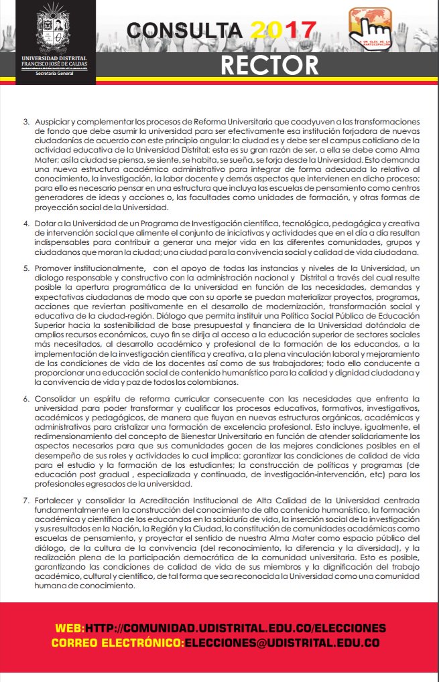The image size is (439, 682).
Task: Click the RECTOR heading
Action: (x=270, y=65)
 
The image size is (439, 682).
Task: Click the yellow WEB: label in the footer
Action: (x=70, y=628)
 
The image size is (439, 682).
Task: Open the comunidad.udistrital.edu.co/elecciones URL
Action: (x=235, y=628)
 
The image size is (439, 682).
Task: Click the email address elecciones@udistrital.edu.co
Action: (x=282, y=643)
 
